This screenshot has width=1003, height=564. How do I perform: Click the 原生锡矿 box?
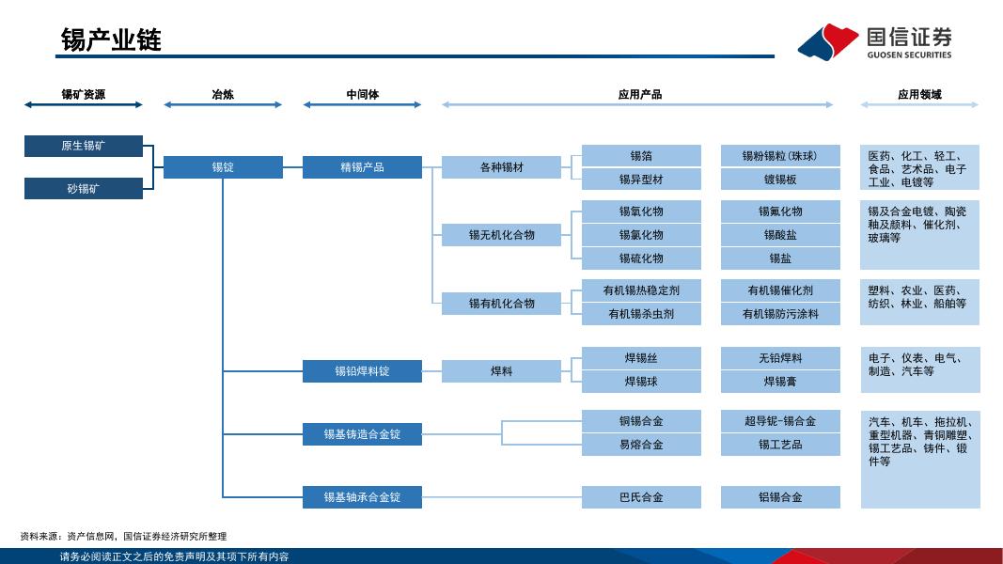[x=83, y=146]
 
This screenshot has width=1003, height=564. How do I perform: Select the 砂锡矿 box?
[x=83, y=189]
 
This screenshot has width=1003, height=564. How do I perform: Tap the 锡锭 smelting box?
[x=223, y=167]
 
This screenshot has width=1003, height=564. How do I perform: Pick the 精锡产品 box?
[x=362, y=167]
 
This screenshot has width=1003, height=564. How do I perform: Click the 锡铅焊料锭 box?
[x=362, y=371]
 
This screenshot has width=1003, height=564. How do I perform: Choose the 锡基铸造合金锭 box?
[x=362, y=434]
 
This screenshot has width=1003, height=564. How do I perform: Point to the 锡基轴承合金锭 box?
[x=362, y=497]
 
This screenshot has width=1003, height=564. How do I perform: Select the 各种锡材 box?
[x=502, y=167]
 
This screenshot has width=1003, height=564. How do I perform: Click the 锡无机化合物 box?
[x=502, y=235]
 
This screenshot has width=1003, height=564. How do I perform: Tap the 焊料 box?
[x=502, y=371]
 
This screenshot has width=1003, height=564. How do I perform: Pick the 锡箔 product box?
[x=641, y=155]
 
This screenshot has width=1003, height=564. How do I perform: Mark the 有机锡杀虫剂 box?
[x=641, y=314]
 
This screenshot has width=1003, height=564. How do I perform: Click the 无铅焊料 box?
[x=780, y=358]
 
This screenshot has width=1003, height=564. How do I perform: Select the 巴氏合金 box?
[x=641, y=497]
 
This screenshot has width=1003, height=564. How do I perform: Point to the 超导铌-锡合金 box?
[x=780, y=421]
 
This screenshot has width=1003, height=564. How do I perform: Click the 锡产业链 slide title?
[x=111, y=39]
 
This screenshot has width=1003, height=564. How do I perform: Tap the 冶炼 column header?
[x=223, y=95]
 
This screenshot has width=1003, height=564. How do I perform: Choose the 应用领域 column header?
[x=919, y=95]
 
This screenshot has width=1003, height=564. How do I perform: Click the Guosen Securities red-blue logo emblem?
[x=828, y=41]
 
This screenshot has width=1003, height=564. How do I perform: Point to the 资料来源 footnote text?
[x=123, y=536]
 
